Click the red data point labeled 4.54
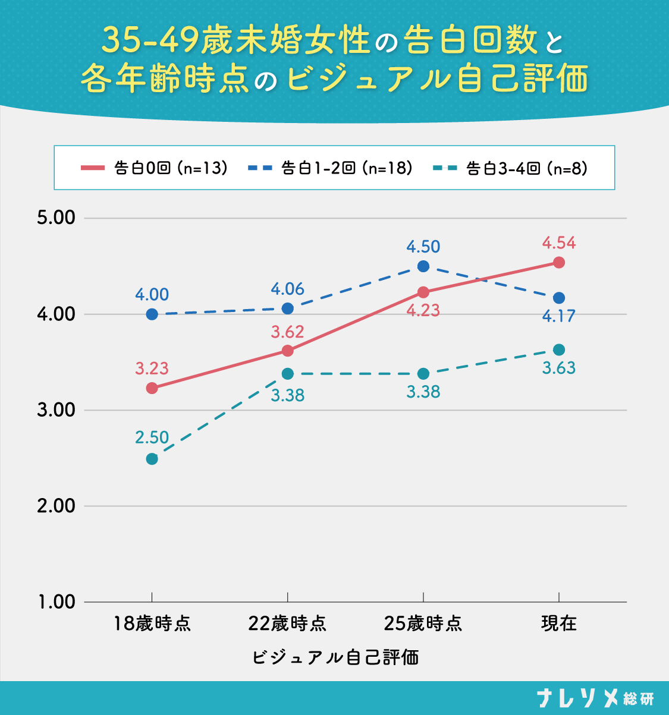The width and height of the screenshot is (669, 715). (x=558, y=262)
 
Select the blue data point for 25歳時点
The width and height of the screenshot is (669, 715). (x=423, y=266)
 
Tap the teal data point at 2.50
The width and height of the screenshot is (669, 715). (x=152, y=459)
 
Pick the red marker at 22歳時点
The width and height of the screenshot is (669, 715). (x=287, y=351)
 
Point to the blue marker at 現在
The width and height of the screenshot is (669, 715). (x=558, y=298)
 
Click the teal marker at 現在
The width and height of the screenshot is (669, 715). (x=558, y=349)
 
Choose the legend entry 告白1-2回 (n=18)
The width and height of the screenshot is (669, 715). (x=331, y=168)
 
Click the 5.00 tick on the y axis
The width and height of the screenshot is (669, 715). (x=56, y=218)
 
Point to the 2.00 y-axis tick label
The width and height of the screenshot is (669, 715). (x=56, y=506)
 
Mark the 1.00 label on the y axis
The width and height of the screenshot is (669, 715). (x=56, y=602)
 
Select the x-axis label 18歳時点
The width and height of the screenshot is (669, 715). (x=152, y=623)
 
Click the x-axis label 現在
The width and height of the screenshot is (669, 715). (x=558, y=623)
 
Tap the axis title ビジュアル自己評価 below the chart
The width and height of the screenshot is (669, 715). (x=335, y=657)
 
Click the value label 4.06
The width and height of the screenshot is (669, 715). (x=287, y=289)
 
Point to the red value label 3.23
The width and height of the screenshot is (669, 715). (x=152, y=368)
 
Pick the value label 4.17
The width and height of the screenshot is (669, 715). (x=558, y=316)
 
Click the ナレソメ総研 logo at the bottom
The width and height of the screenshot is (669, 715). (x=595, y=698)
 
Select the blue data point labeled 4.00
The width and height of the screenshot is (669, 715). (x=152, y=314)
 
